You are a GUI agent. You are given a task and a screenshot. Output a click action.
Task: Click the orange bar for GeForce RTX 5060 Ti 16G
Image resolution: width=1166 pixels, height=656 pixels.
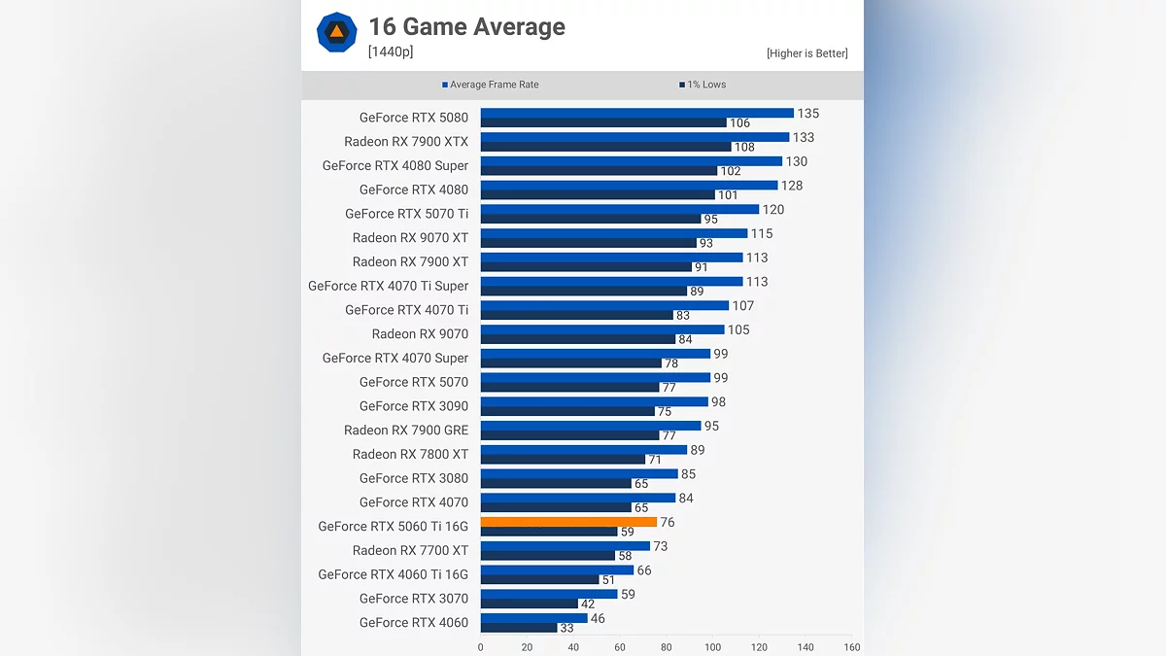[568, 522]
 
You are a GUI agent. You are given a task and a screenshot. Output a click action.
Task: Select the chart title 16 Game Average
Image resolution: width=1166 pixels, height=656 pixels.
[466, 27]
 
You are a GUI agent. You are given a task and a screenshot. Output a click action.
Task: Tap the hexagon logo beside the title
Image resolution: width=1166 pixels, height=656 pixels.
[336, 32]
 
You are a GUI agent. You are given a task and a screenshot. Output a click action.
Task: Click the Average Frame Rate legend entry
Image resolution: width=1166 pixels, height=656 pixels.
[490, 85]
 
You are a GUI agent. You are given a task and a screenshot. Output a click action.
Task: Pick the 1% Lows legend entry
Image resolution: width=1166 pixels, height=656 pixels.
[703, 85]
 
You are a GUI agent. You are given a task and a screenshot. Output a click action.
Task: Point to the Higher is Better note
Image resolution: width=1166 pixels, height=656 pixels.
[806, 53]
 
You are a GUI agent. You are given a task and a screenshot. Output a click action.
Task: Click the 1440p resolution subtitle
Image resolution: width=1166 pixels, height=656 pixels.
[391, 52]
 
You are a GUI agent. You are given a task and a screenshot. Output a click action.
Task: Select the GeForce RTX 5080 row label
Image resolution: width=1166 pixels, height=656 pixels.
[413, 118]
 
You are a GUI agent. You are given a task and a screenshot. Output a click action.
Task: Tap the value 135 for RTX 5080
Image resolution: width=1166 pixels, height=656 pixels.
[807, 114]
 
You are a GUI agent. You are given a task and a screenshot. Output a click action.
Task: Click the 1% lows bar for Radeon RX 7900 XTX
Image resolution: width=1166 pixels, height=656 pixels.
[605, 147]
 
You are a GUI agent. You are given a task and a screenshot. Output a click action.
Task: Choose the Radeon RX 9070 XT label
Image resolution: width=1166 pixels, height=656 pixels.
[410, 238]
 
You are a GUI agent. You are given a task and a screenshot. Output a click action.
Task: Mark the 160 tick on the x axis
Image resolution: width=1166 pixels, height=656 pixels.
[852, 647]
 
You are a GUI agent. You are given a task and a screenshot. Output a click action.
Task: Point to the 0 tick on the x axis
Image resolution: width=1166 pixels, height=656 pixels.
[481, 647]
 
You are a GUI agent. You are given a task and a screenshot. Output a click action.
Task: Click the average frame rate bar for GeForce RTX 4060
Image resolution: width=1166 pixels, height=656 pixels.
[533, 618]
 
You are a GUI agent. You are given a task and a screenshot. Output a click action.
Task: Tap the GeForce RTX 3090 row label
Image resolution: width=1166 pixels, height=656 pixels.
[413, 406]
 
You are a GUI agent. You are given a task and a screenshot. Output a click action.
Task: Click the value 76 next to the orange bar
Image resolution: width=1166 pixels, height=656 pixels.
[667, 523]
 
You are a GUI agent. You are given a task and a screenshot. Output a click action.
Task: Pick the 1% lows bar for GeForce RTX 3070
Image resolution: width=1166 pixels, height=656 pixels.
[529, 604]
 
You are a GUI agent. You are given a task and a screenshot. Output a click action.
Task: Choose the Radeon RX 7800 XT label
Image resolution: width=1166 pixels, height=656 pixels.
[410, 454]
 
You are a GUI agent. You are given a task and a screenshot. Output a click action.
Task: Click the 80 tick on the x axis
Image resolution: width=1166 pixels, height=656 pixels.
[667, 647]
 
